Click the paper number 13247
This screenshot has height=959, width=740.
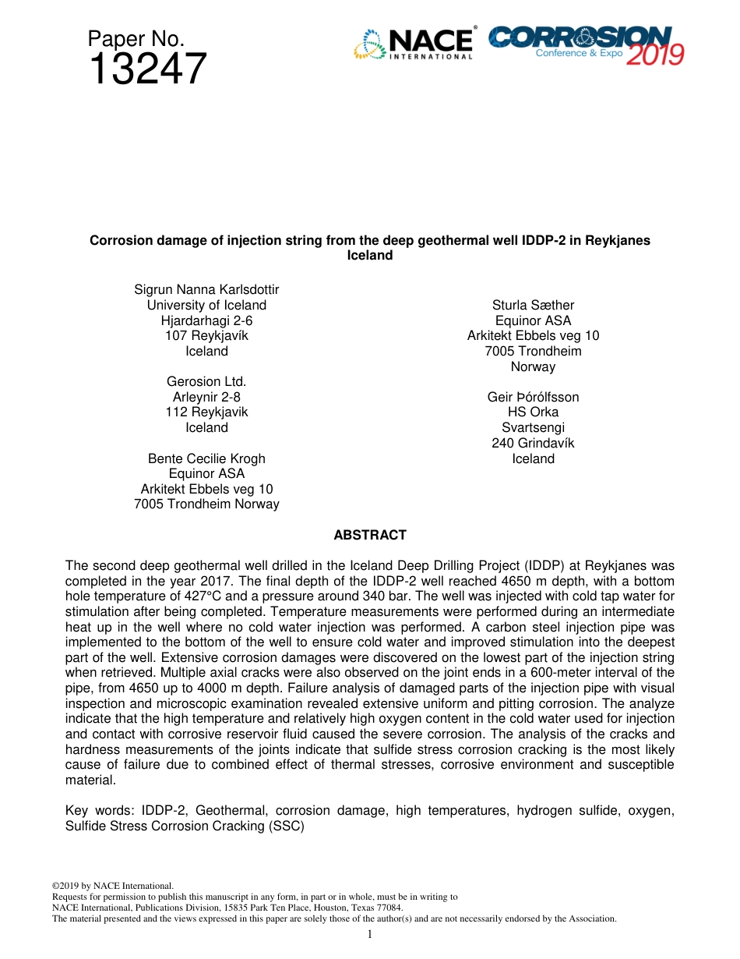pyautogui.click(x=147, y=69)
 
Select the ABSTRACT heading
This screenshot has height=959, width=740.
pyautogui.click(x=370, y=536)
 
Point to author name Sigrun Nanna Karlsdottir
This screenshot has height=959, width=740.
pyautogui.click(x=206, y=290)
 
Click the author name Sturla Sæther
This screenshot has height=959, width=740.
pyautogui.click(x=533, y=306)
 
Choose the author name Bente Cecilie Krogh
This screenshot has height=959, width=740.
pyautogui.click(x=206, y=458)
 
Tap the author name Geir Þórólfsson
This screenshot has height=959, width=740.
pyautogui.click(x=533, y=398)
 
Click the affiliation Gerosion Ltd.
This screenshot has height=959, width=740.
pyautogui.click(x=206, y=382)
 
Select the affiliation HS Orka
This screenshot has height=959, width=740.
pyautogui.click(x=533, y=412)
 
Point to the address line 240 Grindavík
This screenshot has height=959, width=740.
pyautogui.click(x=533, y=444)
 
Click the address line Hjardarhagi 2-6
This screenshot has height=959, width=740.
pyautogui.click(x=206, y=320)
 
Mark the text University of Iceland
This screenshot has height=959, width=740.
pyautogui.click(x=206, y=306)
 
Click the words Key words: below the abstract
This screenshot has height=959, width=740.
pyautogui.click(x=99, y=811)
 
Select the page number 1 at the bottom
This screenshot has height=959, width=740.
pyautogui.click(x=370, y=934)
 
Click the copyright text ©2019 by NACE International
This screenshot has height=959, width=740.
pyautogui.click(x=112, y=886)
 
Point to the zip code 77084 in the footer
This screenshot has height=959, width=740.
pyautogui.click(x=388, y=908)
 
